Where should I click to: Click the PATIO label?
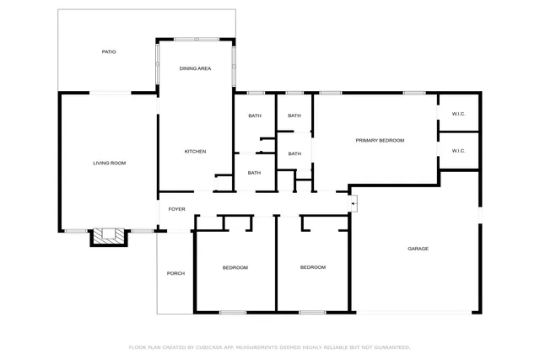pos(109,52)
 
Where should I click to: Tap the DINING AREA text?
pos(196,68)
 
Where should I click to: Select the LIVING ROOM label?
pos(109,163)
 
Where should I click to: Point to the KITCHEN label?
pos(196,152)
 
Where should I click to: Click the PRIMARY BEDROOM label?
pos(380,141)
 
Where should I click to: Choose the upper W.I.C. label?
pos(458,114)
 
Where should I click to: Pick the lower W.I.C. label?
pos(458,151)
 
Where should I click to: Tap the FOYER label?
pos(176,209)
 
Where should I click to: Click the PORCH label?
pos(175,273)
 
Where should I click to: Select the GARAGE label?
pos(418,249)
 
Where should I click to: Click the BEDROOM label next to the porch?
pos(235,268)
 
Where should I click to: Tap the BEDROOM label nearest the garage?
pos(313,267)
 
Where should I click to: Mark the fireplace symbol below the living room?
pos(109,237)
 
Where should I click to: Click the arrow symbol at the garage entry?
pos(354,203)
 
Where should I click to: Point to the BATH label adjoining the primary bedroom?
pos(294,153)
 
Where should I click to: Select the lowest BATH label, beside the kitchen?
pos(254,173)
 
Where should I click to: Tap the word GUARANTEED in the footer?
pos(391,347)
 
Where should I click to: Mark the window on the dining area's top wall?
pos(196,39)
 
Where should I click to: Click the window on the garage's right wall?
pos(480,216)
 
